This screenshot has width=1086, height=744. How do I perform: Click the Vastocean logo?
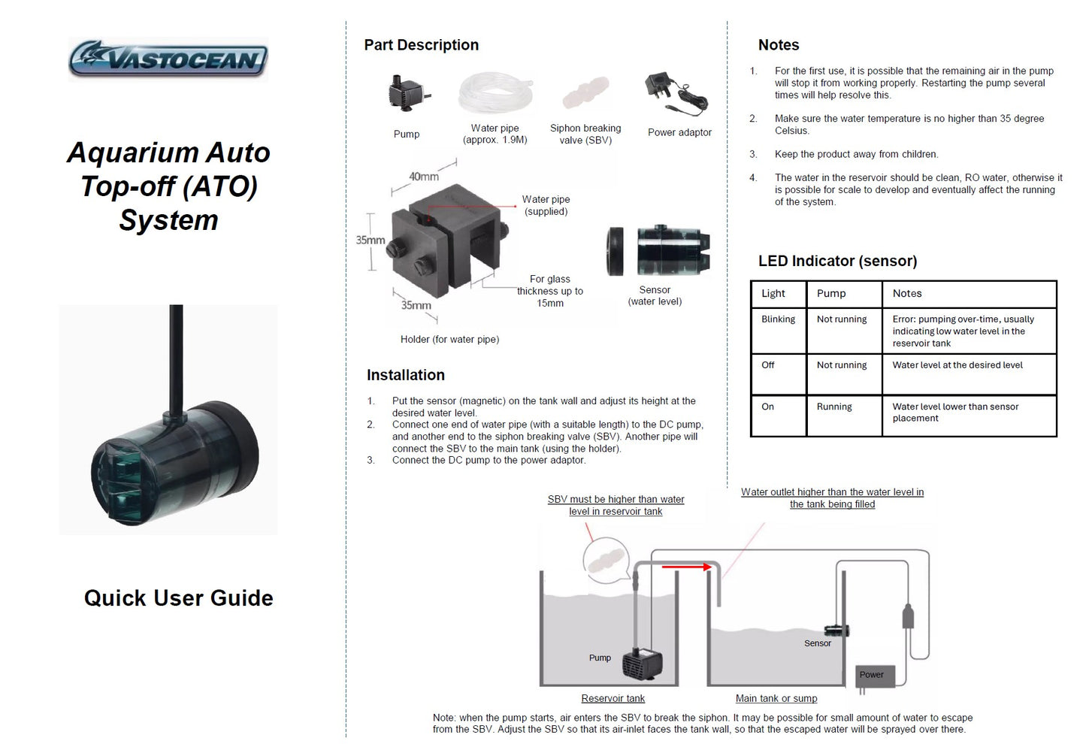pyautogui.click(x=168, y=59)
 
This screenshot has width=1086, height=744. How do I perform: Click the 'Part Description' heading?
pyautogui.click(x=421, y=45)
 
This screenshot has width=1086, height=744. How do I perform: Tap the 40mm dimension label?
pyautogui.click(x=423, y=177)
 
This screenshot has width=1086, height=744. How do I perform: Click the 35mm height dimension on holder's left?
pyautogui.click(x=370, y=240)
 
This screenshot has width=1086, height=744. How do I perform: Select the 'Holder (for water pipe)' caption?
pyautogui.click(x=449, y=340)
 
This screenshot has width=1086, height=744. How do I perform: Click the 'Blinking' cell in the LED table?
pyautogui.click(x=778, y=319)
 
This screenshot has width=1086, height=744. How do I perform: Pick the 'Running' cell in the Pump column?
pyautogui.click(x=834, y=407)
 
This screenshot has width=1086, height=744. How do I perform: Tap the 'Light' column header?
pyautogui.click(x=773, y=293)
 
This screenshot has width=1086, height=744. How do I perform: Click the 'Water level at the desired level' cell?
pyautogui.click(x=957, y=365)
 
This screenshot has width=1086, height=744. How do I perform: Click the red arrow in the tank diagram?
pyautogui.click(x=686, y=567)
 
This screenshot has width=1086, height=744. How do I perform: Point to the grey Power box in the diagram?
pyautogui.click(x=875, y=675)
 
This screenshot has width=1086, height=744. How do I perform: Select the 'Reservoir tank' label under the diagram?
pyautogui.click(x=613, y=698)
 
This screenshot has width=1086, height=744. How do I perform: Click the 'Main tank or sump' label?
pyautogui.click(x=776, y=698)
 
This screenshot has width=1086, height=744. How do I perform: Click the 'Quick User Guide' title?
pyautogui.click(x=178, y=598)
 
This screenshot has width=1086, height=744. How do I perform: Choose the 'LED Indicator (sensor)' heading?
pyautogui.click(x=837, y=261)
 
